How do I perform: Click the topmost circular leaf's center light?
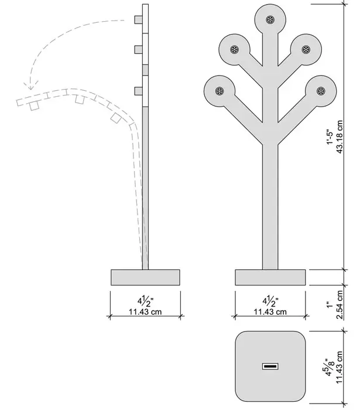(270, 20)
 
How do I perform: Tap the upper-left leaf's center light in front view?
(234, 50)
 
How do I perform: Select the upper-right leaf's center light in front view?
(306, 50)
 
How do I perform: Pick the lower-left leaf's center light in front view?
(220, 91)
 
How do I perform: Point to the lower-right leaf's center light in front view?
(321, 91)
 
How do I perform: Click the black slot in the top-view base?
(270, 366)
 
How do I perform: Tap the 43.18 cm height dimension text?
(340, 137)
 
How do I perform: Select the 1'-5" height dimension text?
(330, 137)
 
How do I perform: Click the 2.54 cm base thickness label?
(340, 305)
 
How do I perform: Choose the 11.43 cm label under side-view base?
(145, 312)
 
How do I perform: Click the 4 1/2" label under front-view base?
(270, 302)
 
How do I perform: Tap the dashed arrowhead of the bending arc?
(31, 85)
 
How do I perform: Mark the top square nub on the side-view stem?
(138, 20)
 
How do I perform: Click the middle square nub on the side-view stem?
(138, 50)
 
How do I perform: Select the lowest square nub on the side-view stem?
(138, 91)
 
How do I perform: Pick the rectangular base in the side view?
(145, 277)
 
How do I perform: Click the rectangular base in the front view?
(270, 277)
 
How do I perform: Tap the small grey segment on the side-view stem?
(145, 70)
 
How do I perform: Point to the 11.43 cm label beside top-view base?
(340, 367)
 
